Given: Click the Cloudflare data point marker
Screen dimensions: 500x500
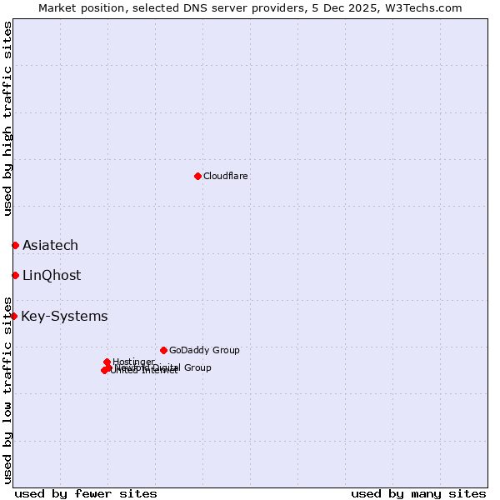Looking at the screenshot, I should coord(197,176).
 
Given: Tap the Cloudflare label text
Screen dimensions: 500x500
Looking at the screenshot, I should coord(226,176).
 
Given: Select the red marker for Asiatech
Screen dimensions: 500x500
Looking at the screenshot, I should coord(15,245).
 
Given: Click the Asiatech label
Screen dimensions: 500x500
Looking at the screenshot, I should coord(50,245).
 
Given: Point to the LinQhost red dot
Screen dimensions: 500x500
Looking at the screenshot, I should coord(15,275).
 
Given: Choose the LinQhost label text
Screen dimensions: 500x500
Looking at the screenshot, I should coord(52,275).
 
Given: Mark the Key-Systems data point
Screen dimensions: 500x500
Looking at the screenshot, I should coord(13,316).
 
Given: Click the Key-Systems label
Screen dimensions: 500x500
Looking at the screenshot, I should coord(64,316).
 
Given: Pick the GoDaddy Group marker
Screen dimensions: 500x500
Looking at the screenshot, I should coord(163,350).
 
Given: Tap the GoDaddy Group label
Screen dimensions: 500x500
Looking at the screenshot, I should coord(204,350).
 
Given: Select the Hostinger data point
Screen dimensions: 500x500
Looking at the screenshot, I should coord(107,362).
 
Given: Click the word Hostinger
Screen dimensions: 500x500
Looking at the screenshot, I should coord(134,362).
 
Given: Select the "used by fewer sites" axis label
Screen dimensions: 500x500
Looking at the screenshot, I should coord(86,493).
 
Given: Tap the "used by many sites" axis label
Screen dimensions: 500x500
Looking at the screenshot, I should coord(418,493).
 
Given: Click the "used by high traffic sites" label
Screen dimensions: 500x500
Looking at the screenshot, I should coord(7,118).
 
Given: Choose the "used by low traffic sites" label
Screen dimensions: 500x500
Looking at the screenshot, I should coord(7,389).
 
